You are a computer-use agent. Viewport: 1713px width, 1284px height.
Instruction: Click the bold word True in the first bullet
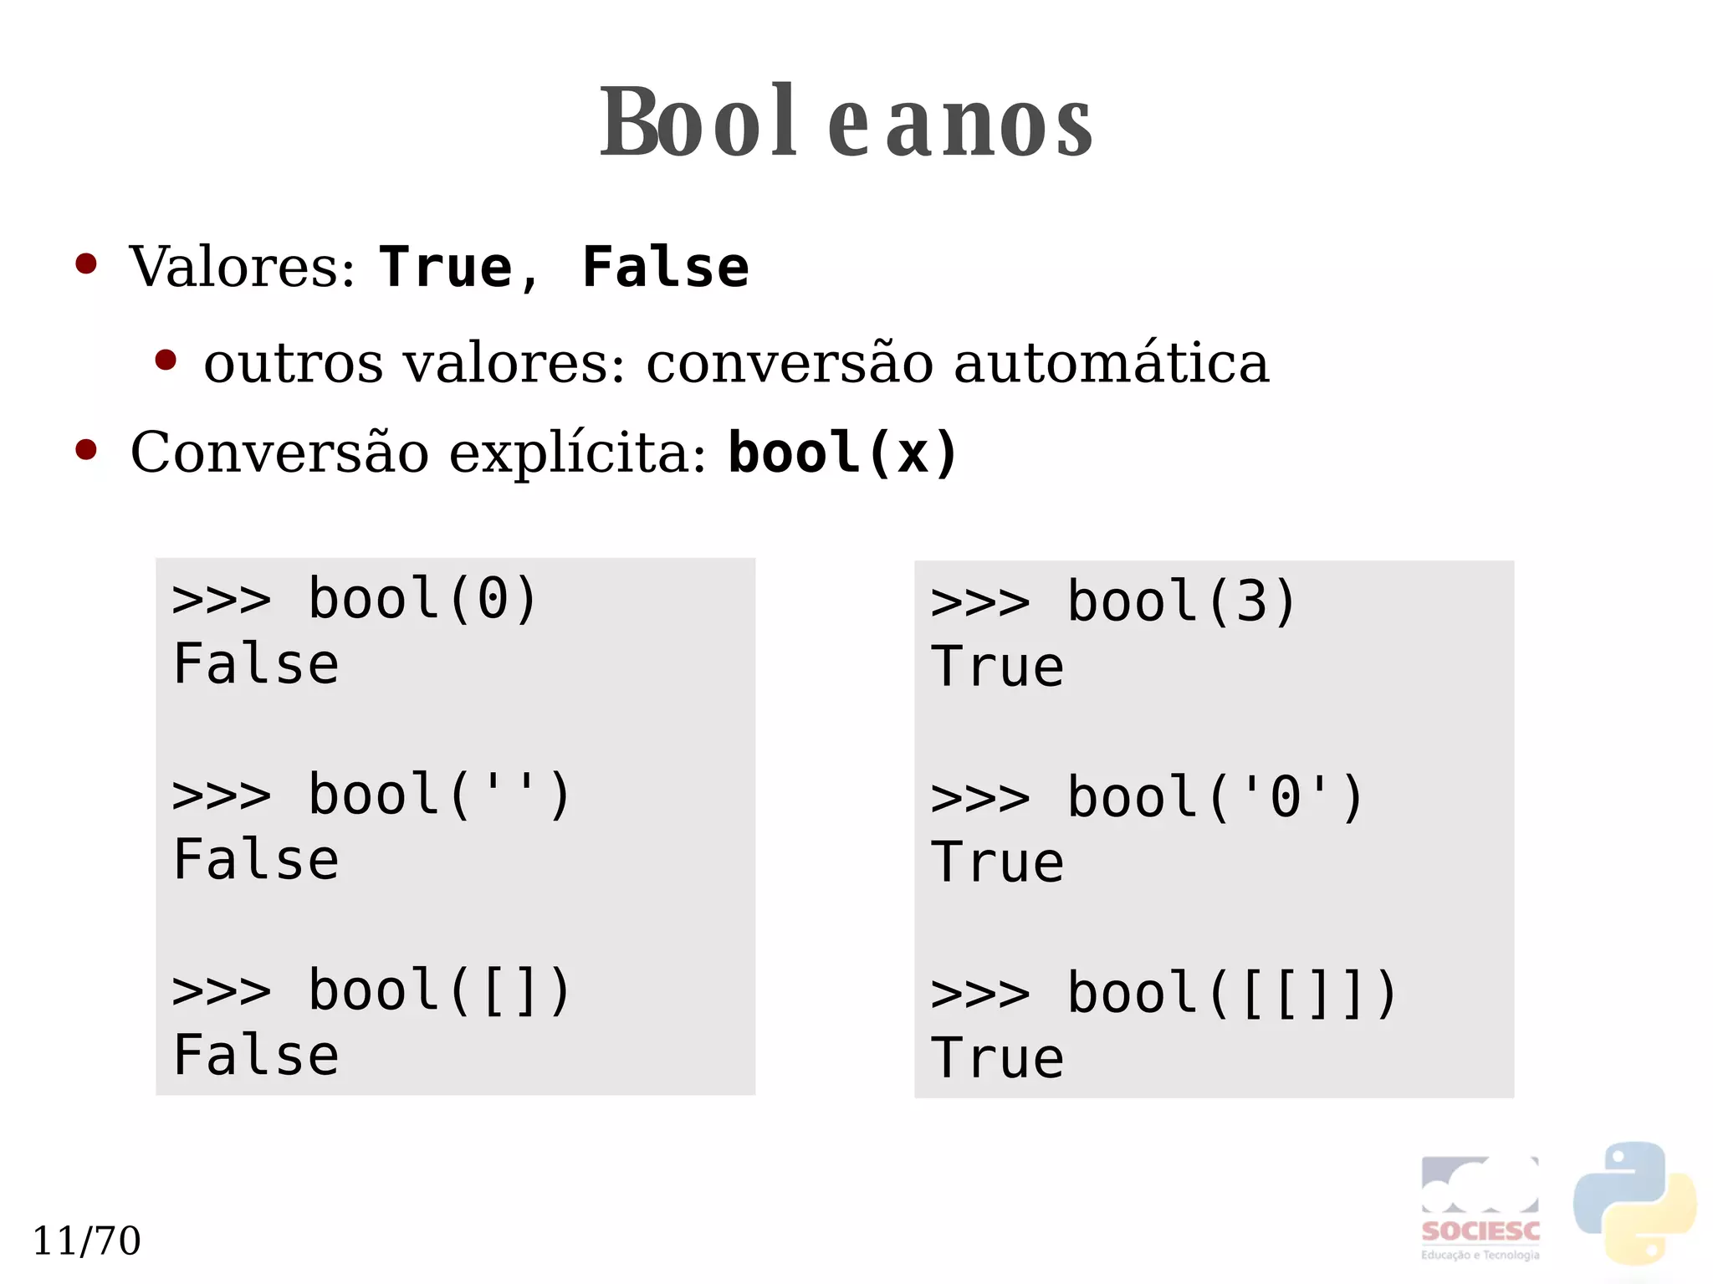(445, 268)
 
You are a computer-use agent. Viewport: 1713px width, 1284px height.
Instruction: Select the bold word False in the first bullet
(665, 268)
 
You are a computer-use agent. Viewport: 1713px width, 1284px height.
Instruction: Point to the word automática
(1111, 363)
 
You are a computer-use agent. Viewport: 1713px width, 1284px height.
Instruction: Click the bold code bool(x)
(842, 453)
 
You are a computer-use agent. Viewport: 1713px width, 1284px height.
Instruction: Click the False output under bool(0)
(256, 664)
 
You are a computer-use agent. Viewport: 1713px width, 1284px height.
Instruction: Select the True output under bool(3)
(997, 668)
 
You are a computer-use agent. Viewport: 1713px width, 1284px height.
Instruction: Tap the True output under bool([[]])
(997, 1058)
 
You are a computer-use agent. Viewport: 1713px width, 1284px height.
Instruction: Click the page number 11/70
(86, 1241)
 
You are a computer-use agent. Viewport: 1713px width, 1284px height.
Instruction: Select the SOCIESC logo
(1480, 1208)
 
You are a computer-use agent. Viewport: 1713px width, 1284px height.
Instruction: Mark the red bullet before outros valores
(166, 361)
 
